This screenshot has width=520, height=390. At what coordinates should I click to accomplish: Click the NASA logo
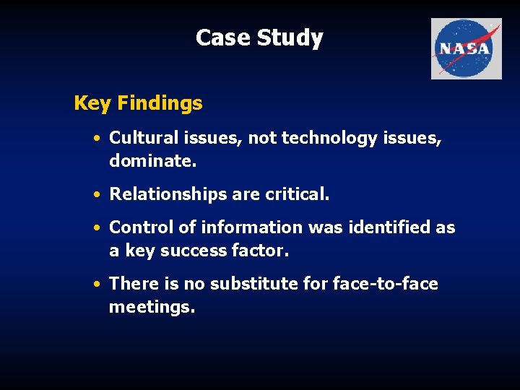[x=466, y=48]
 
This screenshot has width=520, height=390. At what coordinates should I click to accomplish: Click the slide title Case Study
[x=259, y=38]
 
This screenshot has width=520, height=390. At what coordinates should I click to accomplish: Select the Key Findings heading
[x=138, y=103]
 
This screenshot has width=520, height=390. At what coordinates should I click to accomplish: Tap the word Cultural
[x=142, y=138]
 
